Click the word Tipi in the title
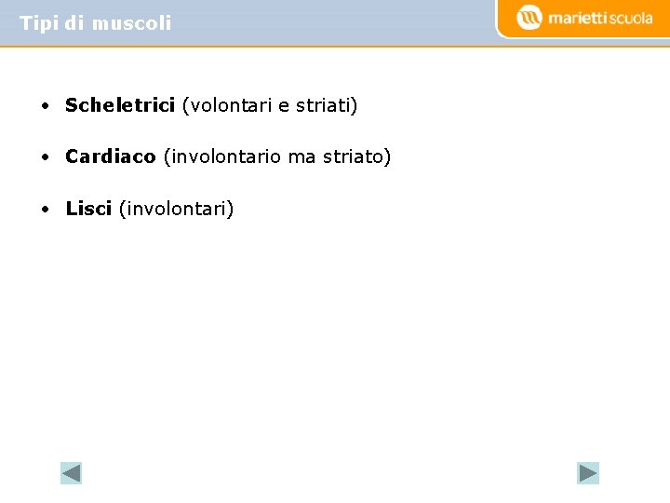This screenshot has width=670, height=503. pos(39,23)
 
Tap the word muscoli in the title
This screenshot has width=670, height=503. pos(131,23)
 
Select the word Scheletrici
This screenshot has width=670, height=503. pos(120,105)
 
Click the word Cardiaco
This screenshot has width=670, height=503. pos(111,156)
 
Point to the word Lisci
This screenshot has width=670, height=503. pos(88,209)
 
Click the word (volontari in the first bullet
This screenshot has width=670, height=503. pos(226,105)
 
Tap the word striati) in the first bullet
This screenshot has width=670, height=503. pos(327,105)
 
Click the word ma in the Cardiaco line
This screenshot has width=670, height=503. pos(302,156)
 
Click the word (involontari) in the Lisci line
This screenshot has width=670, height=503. pos(176,209)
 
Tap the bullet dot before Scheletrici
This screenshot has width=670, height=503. pos(45,106)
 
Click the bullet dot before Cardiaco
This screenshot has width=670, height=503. pos(45,157)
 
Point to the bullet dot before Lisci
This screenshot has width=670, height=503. pos(45,210)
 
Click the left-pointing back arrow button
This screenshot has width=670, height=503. pos(72,473)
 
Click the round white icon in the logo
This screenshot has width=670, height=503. pos(529,18)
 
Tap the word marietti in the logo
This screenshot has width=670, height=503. pos(577,18)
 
